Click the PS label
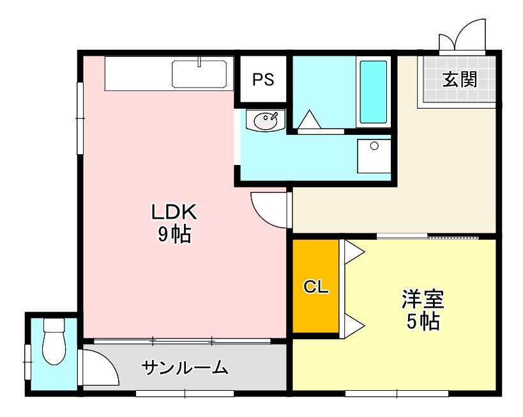[x=262, y=79]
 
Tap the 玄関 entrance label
[x=460, y=79]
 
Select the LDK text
[x=176, y=211]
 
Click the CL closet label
[x=315, y=287]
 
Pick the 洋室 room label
[x=423, y=299]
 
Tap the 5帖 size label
[x=423, y=322]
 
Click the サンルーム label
[x=185, y=368]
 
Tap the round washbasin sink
[x=266, y=120]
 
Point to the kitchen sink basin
[x=199, y=74]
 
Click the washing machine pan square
[x=374, y=155]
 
